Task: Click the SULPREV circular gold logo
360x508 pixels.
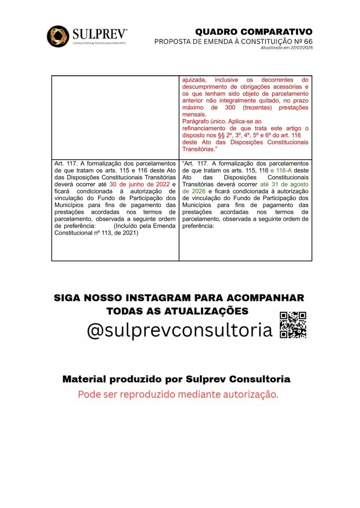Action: (58, 36)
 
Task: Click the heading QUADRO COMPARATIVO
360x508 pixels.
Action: (254, 32)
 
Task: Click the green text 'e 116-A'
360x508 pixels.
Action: (280, 170)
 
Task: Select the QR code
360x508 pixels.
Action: (293, 325)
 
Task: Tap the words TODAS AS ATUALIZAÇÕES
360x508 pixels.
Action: (177, 311)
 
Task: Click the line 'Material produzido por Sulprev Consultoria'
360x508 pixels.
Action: (176, 380)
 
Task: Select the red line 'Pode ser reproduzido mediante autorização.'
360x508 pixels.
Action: (178, 395)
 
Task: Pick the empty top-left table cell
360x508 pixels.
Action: (115, 117)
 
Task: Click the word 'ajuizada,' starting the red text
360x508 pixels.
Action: (196, 79)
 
